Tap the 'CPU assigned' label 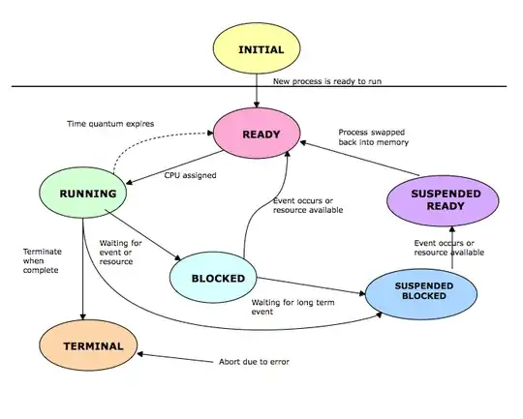(189, 176)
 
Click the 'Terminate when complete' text (43, 260)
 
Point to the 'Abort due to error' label (255, 362)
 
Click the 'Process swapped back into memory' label (373, 136)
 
